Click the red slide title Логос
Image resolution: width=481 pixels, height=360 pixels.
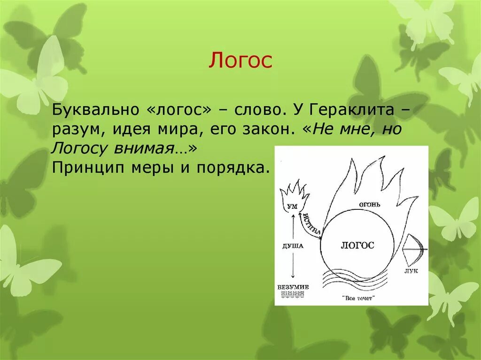click(x=240, y=61)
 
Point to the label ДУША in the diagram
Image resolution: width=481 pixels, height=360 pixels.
click(x=293, y=245)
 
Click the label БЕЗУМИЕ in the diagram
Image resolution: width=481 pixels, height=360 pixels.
click(x=293, y=287)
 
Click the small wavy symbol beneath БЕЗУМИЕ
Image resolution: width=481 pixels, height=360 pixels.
click(x=293, y=294)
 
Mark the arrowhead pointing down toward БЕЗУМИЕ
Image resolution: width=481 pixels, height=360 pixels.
click(x=293, y=279)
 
